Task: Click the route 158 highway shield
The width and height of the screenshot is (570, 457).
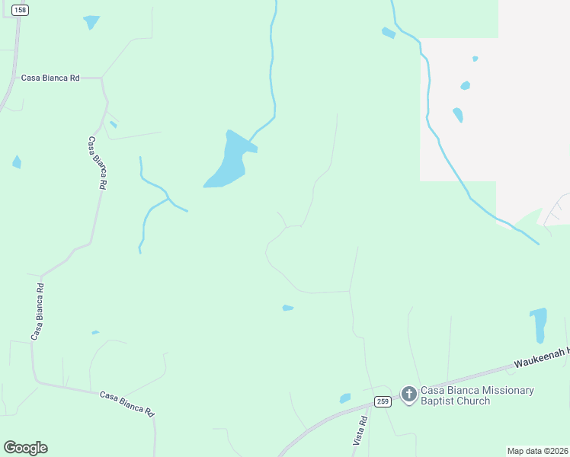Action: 21,8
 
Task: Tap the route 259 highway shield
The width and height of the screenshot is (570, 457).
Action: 383,401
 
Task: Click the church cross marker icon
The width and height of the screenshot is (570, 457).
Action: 409,395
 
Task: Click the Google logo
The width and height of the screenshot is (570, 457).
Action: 25,448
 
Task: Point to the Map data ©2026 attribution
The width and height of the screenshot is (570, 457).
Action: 537,451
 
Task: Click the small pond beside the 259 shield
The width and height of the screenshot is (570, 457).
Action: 345,398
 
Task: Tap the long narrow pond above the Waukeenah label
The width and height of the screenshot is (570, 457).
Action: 539,324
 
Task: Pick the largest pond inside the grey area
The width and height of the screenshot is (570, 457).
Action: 458,115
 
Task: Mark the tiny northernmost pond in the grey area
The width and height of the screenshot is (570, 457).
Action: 476,59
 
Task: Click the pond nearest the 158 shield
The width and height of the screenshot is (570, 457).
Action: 91,22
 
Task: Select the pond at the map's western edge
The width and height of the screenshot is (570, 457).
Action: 17,161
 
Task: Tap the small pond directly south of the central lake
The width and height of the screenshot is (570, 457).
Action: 287,308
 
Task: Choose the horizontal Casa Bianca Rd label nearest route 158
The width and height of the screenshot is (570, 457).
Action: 50,78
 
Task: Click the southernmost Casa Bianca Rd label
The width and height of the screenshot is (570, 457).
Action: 127,403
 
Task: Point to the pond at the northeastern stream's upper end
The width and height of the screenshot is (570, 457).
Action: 389,33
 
